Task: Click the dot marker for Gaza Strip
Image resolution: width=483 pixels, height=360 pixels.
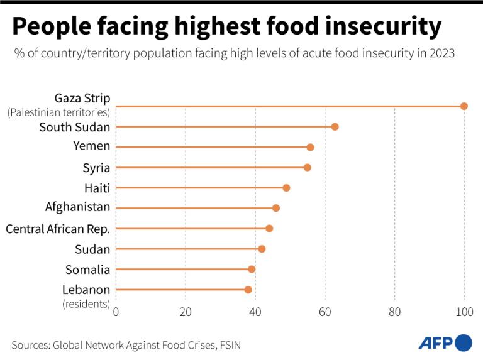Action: point(464,106)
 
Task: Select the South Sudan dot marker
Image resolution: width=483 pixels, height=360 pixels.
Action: point(335,127)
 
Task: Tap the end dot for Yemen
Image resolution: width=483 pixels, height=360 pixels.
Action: point(310,147)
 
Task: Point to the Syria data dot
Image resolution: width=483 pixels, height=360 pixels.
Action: point(307,168)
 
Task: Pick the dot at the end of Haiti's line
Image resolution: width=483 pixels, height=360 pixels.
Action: point(286,188)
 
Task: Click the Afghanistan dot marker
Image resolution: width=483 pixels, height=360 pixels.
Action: point(275,208)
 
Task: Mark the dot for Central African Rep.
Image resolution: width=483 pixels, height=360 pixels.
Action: point(269,229)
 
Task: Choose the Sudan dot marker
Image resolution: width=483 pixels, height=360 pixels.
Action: point(262,249)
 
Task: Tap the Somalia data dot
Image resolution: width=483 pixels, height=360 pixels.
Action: point(252,269)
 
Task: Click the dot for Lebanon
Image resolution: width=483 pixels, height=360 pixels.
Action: point(248,290)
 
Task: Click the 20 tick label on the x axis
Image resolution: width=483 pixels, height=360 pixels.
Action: point(186,312)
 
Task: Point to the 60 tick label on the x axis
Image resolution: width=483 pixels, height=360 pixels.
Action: point(325,312)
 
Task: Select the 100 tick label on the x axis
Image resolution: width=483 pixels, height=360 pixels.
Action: point(464,312)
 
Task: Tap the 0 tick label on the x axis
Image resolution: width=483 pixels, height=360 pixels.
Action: point(116,312)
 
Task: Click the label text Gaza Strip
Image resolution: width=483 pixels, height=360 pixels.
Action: point(82,98)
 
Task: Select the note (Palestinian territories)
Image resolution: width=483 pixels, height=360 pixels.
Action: point(58,113)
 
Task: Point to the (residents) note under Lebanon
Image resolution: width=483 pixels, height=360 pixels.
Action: point(86,304)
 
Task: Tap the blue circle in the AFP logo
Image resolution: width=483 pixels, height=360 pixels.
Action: point(464,342)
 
